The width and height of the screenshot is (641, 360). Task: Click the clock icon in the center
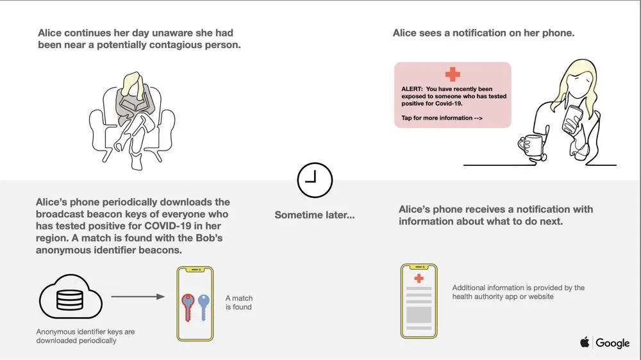coord(315,179)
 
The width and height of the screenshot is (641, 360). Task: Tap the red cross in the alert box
coord(453,74)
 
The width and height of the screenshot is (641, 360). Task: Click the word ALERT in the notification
coord(412,89)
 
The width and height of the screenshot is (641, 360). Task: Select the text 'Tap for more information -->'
coord(442,118)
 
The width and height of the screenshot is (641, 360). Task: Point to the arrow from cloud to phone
coord(138,297)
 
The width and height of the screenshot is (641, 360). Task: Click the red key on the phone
coord(188,305)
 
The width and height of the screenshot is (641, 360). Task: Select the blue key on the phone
coord(204,306)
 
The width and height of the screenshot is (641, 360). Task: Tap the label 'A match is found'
coord(238,302)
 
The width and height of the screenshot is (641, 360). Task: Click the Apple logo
coord(585,343)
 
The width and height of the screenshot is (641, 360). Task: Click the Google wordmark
coord(613,343)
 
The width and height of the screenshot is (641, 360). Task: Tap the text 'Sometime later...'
coord(314,215)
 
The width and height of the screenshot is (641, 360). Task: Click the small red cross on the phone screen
coord(419,278)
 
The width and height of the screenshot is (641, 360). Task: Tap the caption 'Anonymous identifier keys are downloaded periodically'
coord(85,336)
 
